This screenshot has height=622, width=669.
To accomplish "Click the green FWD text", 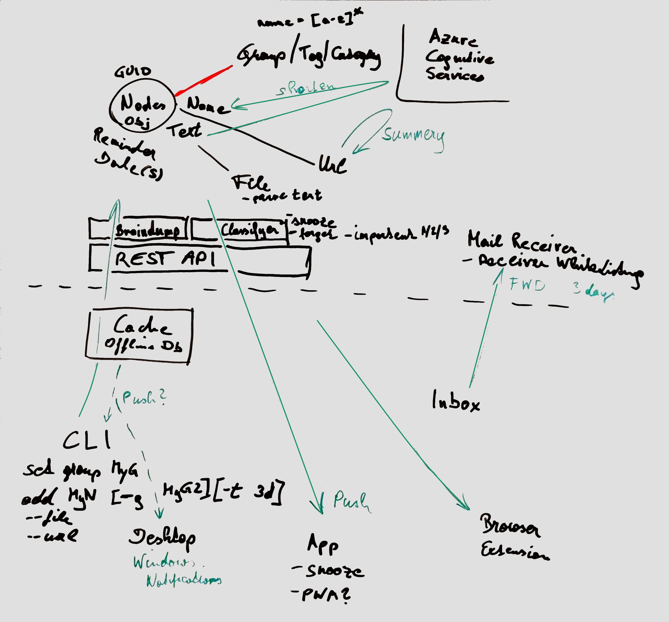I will tap(527, 285).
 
